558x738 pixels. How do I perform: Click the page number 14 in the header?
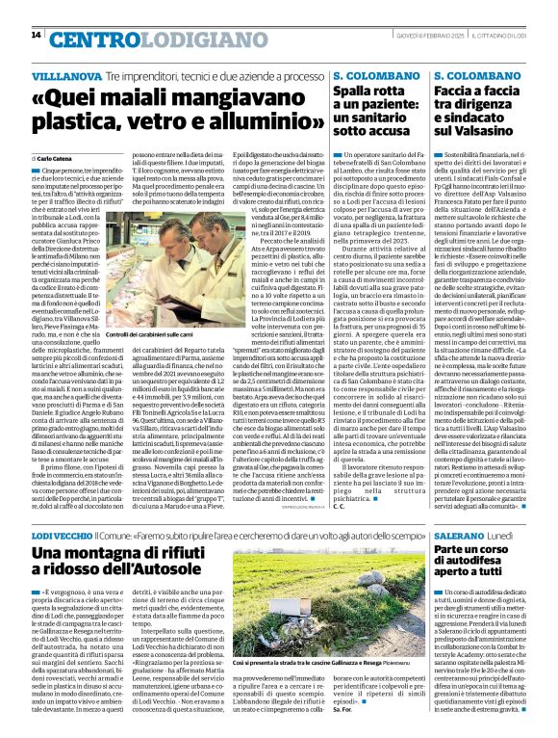pos(36,35)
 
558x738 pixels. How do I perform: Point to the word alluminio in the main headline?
pos(255,123)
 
